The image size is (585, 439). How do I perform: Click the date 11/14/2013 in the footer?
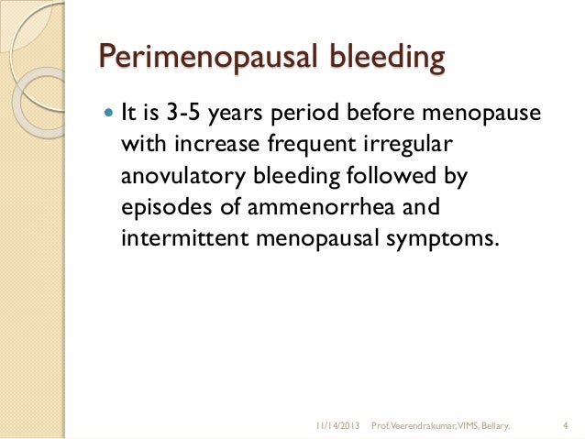click(337, 426)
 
